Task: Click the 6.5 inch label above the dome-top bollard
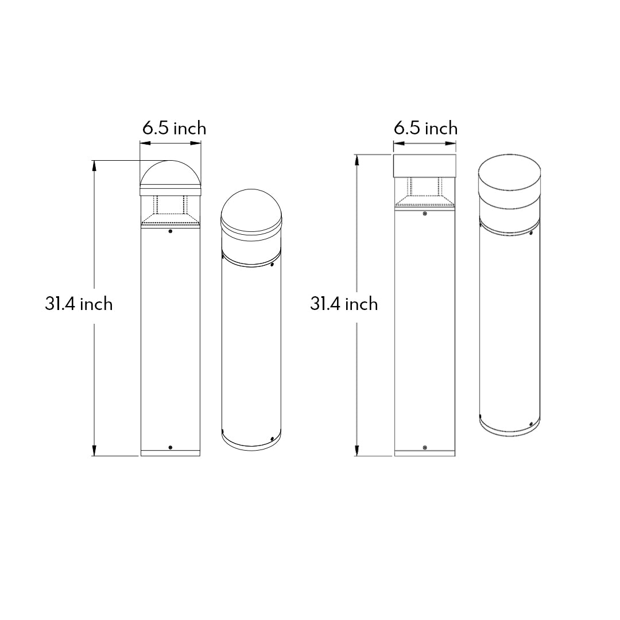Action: click(174, 128)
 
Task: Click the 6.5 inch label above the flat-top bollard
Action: click(425, 127)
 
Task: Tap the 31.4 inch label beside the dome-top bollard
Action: click(79, 304)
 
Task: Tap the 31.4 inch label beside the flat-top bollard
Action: click(344, 304)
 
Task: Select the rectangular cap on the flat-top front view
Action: click(424, 165)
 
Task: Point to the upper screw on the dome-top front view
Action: click(170, 232)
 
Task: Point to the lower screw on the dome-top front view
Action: click(170, 447)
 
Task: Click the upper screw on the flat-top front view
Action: click(424, 214)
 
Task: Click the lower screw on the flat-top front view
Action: click(424, 447)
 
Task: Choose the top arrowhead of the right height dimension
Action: click(358, 158)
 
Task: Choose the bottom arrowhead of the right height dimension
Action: click(358, 453)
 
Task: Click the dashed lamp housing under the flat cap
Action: click(424, 192)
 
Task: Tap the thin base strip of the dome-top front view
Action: click(170, 453)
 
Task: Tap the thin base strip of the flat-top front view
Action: click(424, 454)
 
